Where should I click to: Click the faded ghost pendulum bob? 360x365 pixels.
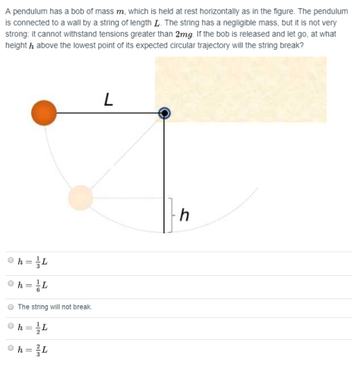click(80, 198)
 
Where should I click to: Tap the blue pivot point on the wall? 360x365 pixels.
click(164, 113)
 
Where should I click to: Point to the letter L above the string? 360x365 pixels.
click(109, 98)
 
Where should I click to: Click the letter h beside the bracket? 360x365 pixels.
click(184, 218)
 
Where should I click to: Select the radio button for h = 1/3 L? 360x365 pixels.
click(11, 261)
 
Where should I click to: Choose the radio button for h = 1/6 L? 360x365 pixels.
click(11, 284)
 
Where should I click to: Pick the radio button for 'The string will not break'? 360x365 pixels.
click(11, 307)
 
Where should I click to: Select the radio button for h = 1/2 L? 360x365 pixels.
click(11, 328)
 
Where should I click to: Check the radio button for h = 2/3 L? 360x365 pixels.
click(11, 350)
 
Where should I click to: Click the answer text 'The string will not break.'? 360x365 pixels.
click(54, 307)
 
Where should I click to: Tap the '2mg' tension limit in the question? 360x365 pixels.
click(185, 35)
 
